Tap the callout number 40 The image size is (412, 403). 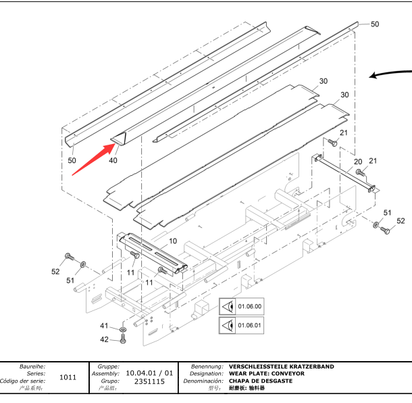[x=113, y=160]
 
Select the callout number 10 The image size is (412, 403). [x=173, y=241]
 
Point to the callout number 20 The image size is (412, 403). [x=358, y=162]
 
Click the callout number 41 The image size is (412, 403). [x=104, y=326]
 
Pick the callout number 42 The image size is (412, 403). [x=104, y=339]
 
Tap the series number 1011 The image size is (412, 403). [x=68, y=377]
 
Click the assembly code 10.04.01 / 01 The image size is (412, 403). [x=150, y=373]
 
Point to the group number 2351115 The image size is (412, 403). [x=149, y=381]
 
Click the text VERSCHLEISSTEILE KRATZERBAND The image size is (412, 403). [x=281, y=366]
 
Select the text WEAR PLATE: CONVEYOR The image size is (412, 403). [x=267, y=373]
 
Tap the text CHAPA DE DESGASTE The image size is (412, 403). [x=261, y=381]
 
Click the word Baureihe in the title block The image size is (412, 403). [x=32, y=366]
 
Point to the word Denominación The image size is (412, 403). [x=203, y=381]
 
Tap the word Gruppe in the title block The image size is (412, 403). [x=109, y=366]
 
